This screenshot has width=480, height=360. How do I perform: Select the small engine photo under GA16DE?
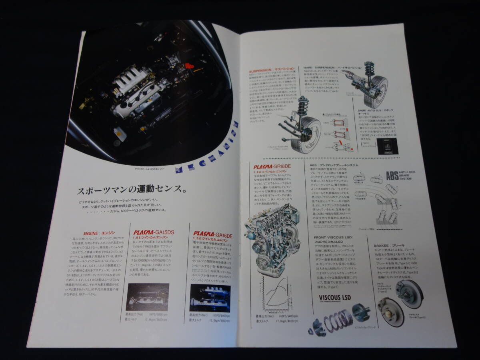[x=210, y=298]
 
